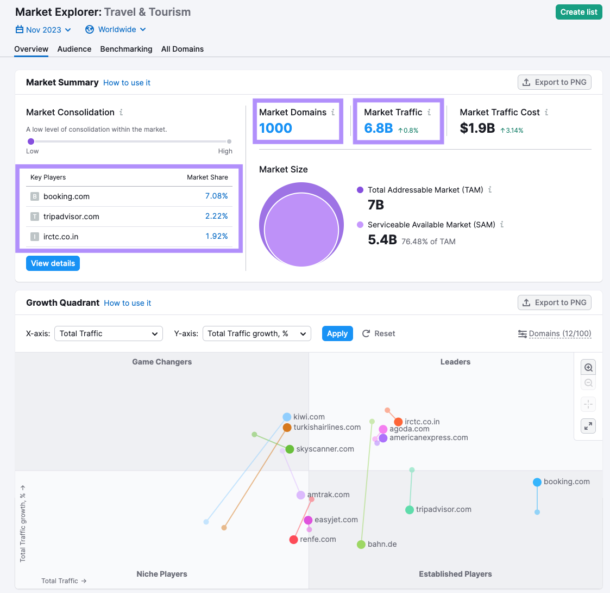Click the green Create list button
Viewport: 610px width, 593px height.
(x=578, y=12)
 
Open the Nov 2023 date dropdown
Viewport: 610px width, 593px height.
(x=43, y=30)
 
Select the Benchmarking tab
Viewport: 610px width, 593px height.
(x=126, y=49)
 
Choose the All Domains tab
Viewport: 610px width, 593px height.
(x=183, y=49)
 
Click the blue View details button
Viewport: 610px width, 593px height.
(x=53, y=263)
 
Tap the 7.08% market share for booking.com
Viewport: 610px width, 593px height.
(x=216, y=196)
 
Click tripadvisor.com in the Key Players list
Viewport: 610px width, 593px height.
(x=71, y=217)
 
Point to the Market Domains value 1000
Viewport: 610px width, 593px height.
(x=275, y=128)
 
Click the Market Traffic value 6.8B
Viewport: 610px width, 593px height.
(x=379, y=128)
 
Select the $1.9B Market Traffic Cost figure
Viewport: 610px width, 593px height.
(x=477, y=128)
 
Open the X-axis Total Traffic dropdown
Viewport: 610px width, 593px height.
(x=108, y=333)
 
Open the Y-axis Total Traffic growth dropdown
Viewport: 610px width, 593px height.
(x=256, y=333)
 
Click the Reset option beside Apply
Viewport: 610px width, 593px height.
(x=379, y=333)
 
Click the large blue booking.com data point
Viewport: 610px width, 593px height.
(x=537, y=482)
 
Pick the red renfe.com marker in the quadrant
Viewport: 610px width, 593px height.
(x=294, y=540)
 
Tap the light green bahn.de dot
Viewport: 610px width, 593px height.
(x=361, y=545)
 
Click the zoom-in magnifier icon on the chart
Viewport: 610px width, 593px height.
(x=588, y=367)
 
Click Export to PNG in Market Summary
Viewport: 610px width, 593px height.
(x=555, y=82)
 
